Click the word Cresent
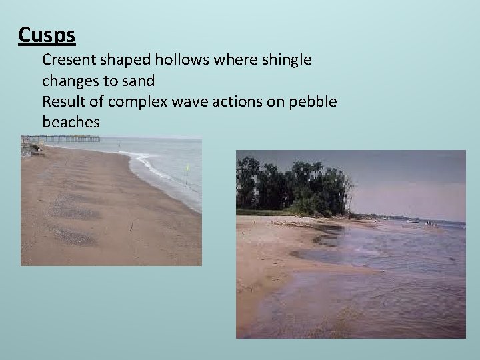(x=68, y=59)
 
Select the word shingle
(x=285, y=59)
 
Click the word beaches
(x=71, y=122)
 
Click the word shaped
(x=123, y=59)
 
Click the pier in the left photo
(x=67, y=139)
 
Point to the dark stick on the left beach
(x=131, y=226)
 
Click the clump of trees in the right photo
(x=293, y=183)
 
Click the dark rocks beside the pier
(x=29, y=149)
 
